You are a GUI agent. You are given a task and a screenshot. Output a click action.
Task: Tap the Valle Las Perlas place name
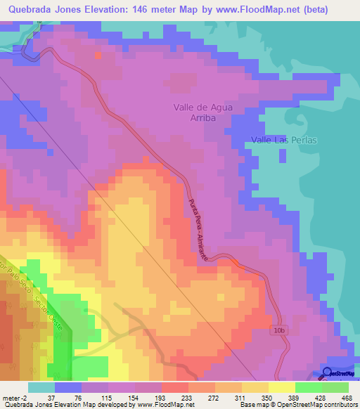pos(284,140)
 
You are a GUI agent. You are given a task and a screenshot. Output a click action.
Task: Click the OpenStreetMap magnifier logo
pos(327,373)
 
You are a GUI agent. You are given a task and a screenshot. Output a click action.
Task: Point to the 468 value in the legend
pos(347,398)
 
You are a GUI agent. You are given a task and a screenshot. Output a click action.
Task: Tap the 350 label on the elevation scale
pos(266,398)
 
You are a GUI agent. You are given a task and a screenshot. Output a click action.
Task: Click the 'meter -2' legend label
pos(14,398)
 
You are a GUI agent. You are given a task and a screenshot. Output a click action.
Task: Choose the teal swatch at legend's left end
pos(41,387)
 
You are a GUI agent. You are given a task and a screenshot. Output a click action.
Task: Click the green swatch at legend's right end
pos(335,387)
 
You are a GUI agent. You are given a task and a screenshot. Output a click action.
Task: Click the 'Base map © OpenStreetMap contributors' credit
pos(298,405)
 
